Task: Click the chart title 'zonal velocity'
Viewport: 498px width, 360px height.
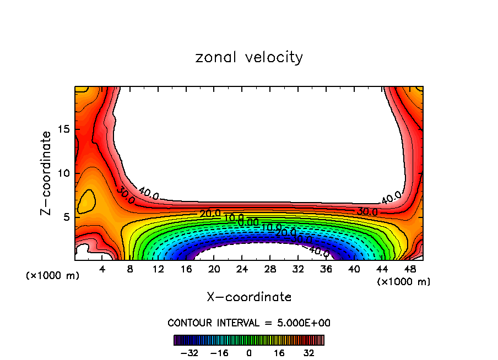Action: click(249, 57)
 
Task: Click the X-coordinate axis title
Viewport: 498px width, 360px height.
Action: click(249, 297)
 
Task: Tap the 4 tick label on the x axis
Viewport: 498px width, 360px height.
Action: click(102, 269)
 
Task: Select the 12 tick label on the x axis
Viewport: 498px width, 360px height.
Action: click(158, 269)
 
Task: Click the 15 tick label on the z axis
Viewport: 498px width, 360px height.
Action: click(66, 129)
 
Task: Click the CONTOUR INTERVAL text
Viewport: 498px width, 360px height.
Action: click(249, 323)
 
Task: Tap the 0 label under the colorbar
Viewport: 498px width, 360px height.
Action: click(249, 352)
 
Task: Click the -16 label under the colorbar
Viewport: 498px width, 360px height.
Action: click(219, 352)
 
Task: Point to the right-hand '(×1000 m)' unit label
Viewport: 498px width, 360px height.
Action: click(404, 281)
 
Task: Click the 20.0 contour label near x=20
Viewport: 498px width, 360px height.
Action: click(210, 214)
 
